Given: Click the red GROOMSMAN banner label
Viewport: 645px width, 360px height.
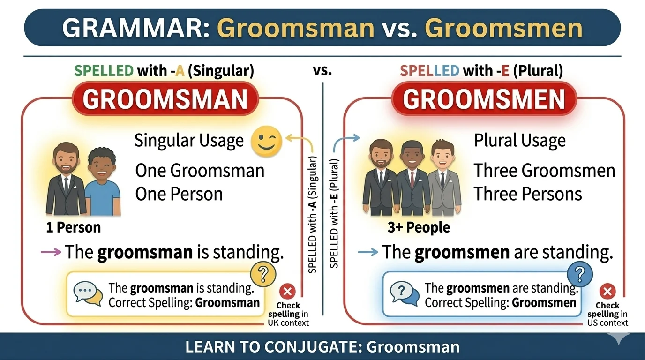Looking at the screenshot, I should (x=165, y=99).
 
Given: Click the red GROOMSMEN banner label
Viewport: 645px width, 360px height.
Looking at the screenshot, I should (x=484, y=99).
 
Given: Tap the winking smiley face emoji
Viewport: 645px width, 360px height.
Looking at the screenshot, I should (x=266, y=141).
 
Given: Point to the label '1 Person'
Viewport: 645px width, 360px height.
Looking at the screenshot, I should (x=73, y=228).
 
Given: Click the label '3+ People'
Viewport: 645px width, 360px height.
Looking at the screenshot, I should (x=419, y=228).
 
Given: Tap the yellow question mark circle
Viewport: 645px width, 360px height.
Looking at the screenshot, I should (x=263, y=273).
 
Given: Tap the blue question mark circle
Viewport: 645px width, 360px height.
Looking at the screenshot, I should (x=580, y=273).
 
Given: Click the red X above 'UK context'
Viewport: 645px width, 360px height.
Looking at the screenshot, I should (x=287, y=292).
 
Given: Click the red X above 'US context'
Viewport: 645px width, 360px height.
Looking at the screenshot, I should (x=607, y=292).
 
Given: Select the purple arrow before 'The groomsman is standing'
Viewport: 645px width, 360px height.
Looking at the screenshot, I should (x=51, y=252).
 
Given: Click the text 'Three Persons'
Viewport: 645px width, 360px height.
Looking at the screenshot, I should (x=528, y=194).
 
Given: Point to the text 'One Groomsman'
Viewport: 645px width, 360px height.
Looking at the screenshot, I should (x=200, y=171).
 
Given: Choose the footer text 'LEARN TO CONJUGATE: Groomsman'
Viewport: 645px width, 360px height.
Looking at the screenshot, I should (x=322, y=347).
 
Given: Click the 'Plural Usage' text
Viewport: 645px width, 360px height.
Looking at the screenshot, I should (x=520, y=141).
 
